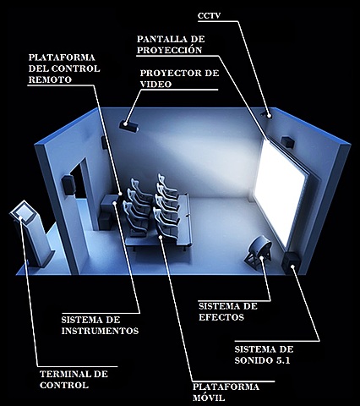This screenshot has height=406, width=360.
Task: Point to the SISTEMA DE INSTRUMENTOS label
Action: [100, 326]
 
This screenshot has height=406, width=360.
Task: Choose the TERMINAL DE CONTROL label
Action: [74, 379]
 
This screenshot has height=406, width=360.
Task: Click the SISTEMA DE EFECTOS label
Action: [227, 311]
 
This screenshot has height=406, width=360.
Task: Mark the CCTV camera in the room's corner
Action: [269, 112]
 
